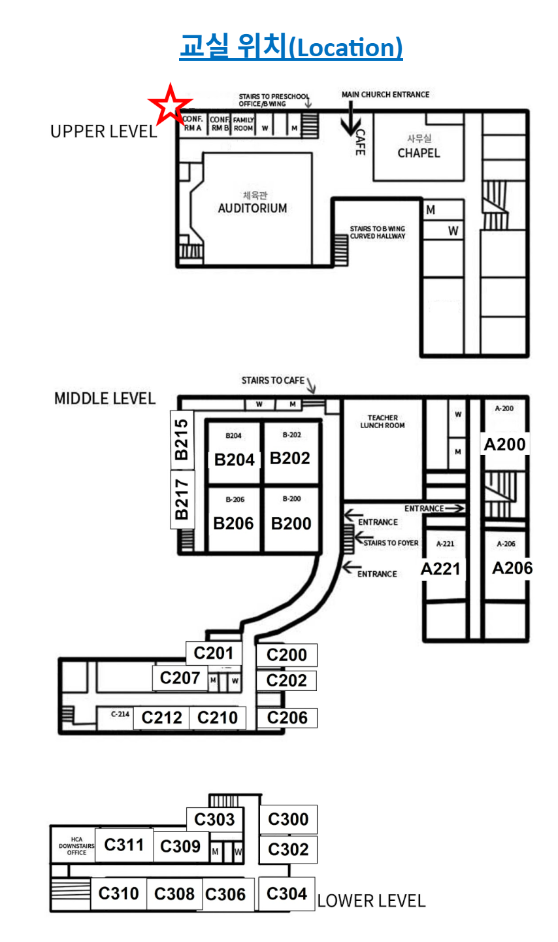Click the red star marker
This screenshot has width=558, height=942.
[170, 105]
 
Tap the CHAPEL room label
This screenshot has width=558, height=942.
[419, 153]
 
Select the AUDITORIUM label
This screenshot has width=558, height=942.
[252, 209]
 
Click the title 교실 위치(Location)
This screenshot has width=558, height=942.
[291, 47]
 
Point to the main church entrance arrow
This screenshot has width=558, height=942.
[352, 118]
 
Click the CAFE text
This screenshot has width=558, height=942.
[360, 142]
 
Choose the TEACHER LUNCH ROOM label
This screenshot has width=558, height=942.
[382, 422]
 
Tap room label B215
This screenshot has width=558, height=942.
[182, 439]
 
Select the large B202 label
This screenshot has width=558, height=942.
[290, 458]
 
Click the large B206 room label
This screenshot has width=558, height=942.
[233, 524]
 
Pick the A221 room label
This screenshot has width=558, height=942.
[440, 569]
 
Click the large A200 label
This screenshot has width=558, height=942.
[504, 445]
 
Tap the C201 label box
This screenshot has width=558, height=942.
[214, 653]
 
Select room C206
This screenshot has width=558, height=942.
[287, 718]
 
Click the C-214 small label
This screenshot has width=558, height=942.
[120, 715]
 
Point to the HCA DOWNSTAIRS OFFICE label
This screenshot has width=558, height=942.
[76, 846]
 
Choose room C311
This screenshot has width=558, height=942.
[124, 845]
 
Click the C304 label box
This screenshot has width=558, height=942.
[287, 894]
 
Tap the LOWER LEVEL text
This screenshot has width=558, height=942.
[371, 901]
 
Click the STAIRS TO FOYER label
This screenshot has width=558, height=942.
[391, 543]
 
